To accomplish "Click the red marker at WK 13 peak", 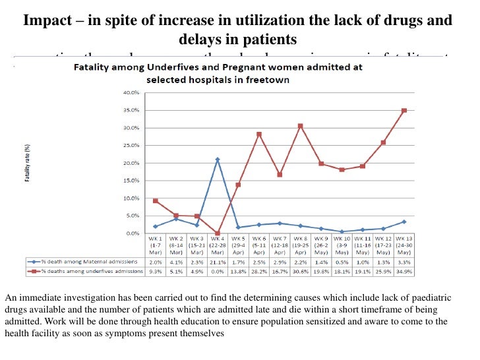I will click(404, 110).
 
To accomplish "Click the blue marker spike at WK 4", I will click(217, 160).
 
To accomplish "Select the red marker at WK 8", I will click(300, 125).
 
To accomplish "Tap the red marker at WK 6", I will click(258, 134).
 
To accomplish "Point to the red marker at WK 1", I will click(155, 200).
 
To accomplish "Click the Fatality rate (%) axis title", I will click(28, 164).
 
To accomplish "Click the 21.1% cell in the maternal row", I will click(217, 262).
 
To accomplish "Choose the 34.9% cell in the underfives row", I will click(404, 271).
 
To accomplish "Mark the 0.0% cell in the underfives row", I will click(217, 271).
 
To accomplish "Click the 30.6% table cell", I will click(300, 271).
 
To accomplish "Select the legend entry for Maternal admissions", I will click(86, 262).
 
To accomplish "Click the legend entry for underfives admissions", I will click(86, 271).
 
